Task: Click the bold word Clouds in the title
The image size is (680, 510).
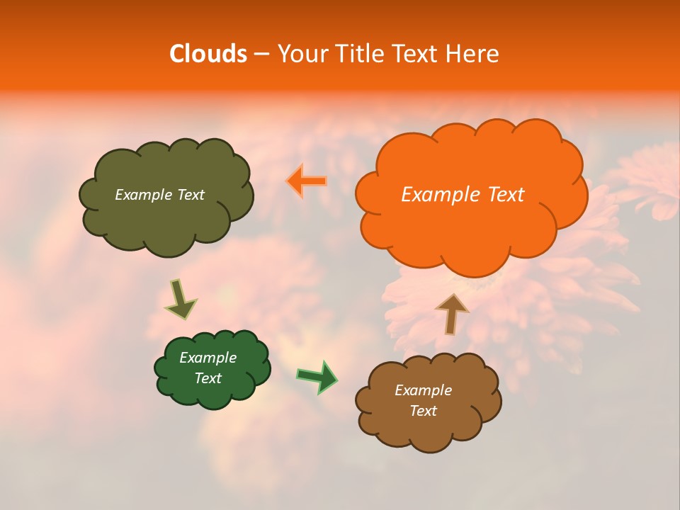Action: tap(208, 54)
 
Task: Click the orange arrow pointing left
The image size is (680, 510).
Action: tap(307, 181)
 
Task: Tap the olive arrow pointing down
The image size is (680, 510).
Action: tap(181, 299)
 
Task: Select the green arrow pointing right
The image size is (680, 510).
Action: tap(317, 377)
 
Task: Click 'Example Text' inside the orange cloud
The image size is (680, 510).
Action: tap(463, 195)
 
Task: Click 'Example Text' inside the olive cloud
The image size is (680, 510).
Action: tap(159, 195)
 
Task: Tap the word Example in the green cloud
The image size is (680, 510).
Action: tap(208, 358)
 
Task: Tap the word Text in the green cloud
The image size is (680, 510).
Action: tap(208, 378)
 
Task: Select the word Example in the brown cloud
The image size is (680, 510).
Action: tap(423, 390)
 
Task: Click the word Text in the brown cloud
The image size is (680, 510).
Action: tap(423, 411)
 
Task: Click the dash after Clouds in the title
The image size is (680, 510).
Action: tap(261, 54)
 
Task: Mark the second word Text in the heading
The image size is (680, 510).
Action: tap(416, 54)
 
